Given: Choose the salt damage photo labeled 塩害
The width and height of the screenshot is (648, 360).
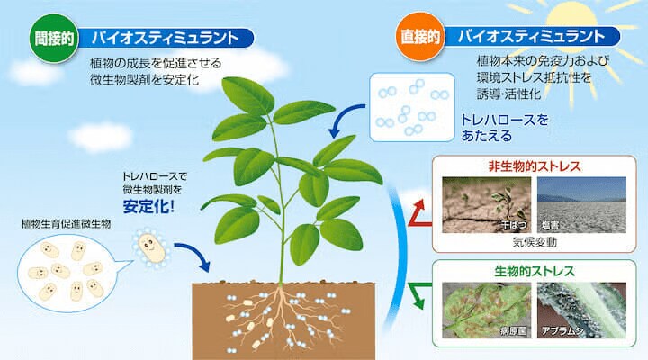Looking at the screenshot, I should [580, 205].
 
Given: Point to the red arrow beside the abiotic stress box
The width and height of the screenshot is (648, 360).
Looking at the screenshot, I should [418, 214].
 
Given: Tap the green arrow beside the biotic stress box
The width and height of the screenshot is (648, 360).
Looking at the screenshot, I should [418, 292].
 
